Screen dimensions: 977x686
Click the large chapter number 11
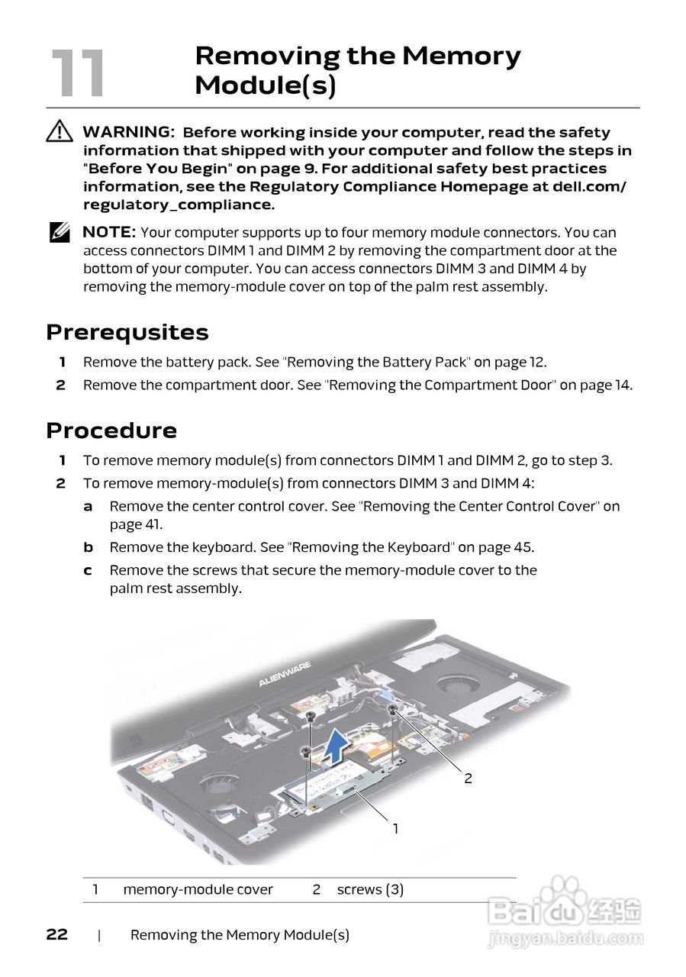click(x=77, y=73)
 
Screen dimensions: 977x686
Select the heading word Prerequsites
click(x=127, y=333)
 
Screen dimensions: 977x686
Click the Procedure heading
click(x=111, y=430)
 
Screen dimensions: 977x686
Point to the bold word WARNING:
click(x=128, y=133)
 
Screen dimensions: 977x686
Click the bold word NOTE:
click(x=109, y=232)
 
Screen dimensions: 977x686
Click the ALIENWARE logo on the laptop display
click(x=283, y=676)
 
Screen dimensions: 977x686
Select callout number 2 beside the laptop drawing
click(x=469, y=779)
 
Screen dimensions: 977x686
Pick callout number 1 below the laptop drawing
click(x=395, y=828)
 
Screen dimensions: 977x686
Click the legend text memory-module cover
click(x=198, y=889)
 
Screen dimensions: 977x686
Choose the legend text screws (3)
click(x=370, y=889)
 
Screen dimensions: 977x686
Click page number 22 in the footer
click(x=57, y=935)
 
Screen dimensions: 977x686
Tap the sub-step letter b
click(x=89, y=547)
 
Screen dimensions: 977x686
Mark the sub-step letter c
click(x=89, y=570)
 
